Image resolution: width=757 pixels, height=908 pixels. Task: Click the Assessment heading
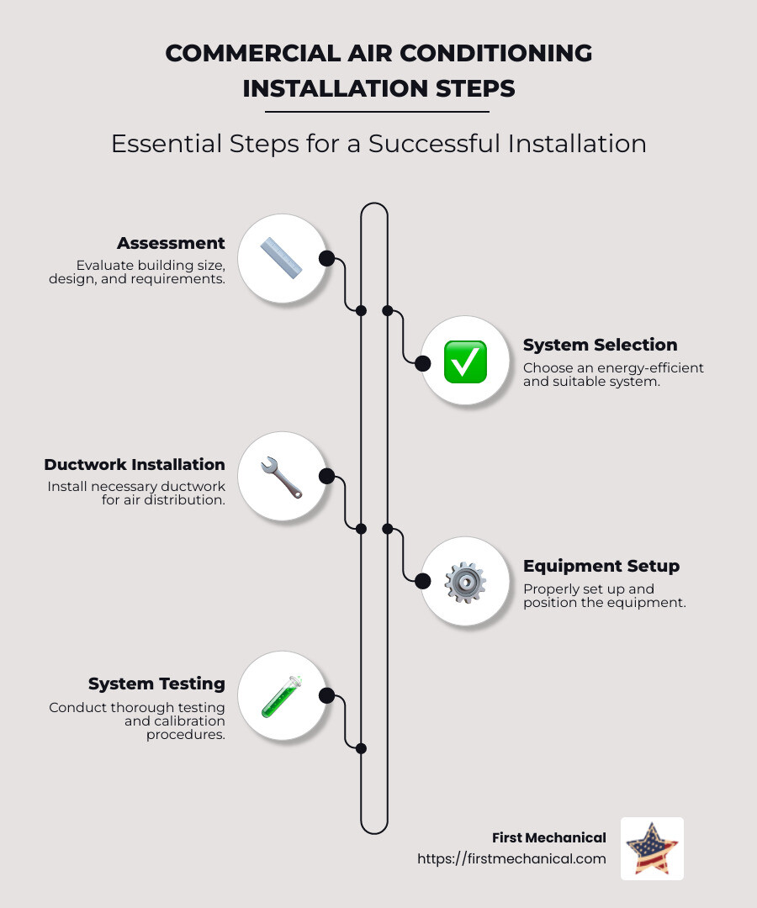pos(171,243)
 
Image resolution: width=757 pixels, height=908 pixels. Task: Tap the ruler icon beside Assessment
pos(281,258)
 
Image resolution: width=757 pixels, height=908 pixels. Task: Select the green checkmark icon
pos(464,362)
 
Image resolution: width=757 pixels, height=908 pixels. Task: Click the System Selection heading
pos(600,345)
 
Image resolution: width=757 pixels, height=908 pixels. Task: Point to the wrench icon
pos(281,477)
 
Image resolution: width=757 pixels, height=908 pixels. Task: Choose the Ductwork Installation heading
pos(135,464)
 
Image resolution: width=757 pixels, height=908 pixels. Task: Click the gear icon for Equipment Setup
pos(464,582)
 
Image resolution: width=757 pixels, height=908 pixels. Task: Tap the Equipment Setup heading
pos(601,566)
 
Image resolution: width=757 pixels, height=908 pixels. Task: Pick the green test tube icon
pos(281,696)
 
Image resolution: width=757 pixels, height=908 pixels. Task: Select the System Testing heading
pos(156,684)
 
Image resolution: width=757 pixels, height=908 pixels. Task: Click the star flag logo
pos(652,848)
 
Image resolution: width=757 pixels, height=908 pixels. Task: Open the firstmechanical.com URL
pos(511,859)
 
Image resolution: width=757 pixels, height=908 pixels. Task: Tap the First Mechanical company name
pos(548,837)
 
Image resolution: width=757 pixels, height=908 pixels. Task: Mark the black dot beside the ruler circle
pos(326,258)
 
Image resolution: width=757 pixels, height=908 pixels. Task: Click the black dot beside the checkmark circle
pos(423,362)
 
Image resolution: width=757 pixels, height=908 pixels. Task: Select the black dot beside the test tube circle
pos(326,695)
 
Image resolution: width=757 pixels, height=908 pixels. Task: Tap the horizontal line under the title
pos(377,111)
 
